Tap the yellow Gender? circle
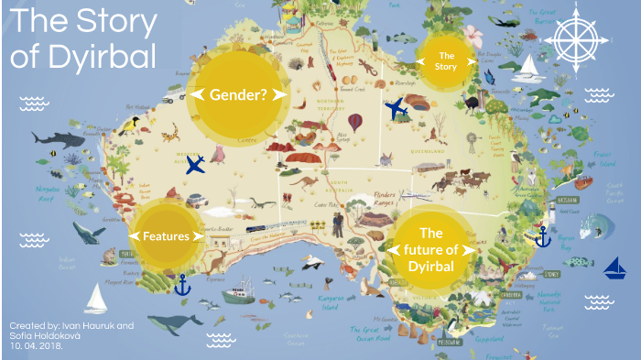click(237, 94)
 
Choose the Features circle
click(166, 235)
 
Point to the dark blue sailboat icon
click(614, 268)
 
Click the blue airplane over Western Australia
click(194, 165)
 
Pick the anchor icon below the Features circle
click(181, 283)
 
